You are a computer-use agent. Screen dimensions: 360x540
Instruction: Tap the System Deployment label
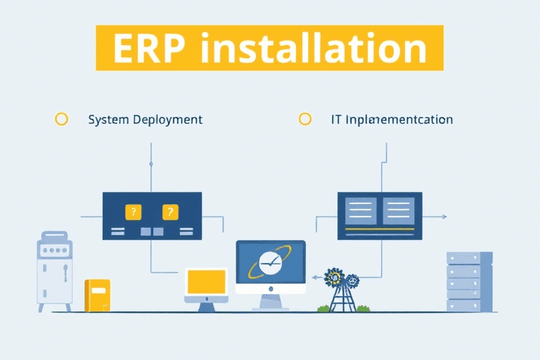click(145, 120)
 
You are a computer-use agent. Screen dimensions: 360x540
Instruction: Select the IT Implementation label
click(392, 120)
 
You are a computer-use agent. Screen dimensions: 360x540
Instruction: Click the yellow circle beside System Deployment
click(61, 119)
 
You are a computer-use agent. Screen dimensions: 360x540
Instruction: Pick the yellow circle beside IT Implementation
click(304, 119)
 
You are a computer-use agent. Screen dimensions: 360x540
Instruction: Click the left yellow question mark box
click(131, 211)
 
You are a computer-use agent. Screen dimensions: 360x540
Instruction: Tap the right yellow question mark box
click(170, 211)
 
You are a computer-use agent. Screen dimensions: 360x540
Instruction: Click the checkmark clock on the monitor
click(270, 263)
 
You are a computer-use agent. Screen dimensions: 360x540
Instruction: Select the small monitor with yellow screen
click(206, 283)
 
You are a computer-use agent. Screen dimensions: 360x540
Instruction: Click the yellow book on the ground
click(97, 295)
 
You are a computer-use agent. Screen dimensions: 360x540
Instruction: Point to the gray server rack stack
click(469, 281)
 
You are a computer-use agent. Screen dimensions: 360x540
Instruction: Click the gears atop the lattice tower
click(343, 278)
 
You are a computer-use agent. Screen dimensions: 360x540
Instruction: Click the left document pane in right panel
click(361, 210)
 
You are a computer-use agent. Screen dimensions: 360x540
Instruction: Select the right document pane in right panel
click(398, 210)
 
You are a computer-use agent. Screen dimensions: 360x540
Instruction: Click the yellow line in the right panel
click(380, 229)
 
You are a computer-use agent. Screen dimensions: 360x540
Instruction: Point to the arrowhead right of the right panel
click(444, 217)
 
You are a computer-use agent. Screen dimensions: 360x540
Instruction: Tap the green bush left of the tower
click(323, 308)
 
